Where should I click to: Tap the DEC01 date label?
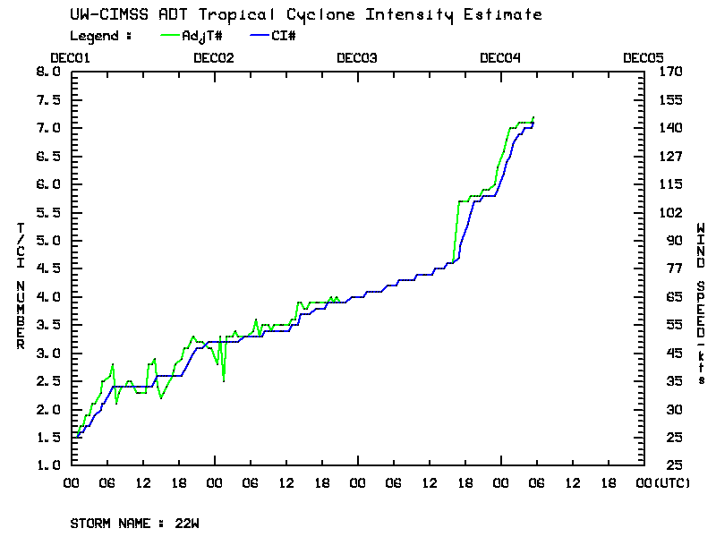[x=71, y=57]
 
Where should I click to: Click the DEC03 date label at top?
[x=357, y=57]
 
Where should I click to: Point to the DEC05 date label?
[x=644, y=57]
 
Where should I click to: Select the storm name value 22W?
[x=187, y=523]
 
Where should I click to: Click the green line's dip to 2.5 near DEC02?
[x=224, y=380]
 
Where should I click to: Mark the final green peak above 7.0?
[x=533, y=117]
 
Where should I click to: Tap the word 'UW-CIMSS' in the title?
[x=102, y=15]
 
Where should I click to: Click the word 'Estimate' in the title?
[x=508, y=15]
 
